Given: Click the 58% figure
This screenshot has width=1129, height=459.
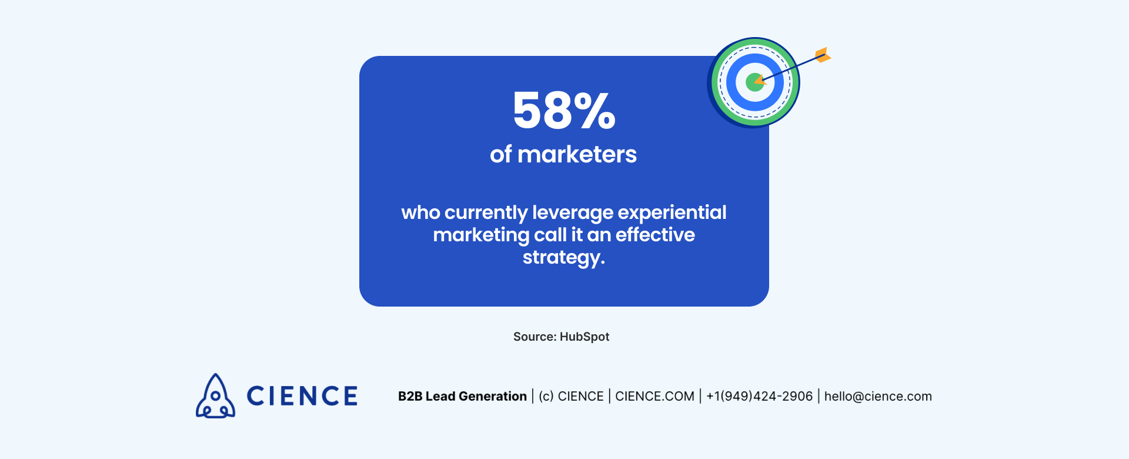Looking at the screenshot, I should (564, 111).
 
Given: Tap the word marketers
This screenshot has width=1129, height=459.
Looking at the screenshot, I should (577, 154).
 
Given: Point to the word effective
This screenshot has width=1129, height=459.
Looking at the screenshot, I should (655, 235).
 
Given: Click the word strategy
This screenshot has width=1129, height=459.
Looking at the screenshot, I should (563, 258).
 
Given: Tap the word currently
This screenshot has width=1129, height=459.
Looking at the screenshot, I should (486, 212).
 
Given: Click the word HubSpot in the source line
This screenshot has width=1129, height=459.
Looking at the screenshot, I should (584, 337).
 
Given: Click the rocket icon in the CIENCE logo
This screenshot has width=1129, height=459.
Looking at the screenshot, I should (215, 397).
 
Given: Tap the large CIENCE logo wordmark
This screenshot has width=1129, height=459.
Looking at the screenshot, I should (302, 396).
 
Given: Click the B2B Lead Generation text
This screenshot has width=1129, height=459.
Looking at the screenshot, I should (462, 396).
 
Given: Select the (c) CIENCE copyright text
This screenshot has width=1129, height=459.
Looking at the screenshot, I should (571, 396).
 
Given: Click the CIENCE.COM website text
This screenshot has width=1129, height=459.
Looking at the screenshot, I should (654, 396).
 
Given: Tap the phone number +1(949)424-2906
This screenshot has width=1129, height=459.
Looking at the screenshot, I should (759, 396).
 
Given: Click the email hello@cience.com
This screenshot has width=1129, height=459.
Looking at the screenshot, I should (878, 396).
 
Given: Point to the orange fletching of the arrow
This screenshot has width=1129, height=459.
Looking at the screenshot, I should (823, 55).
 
